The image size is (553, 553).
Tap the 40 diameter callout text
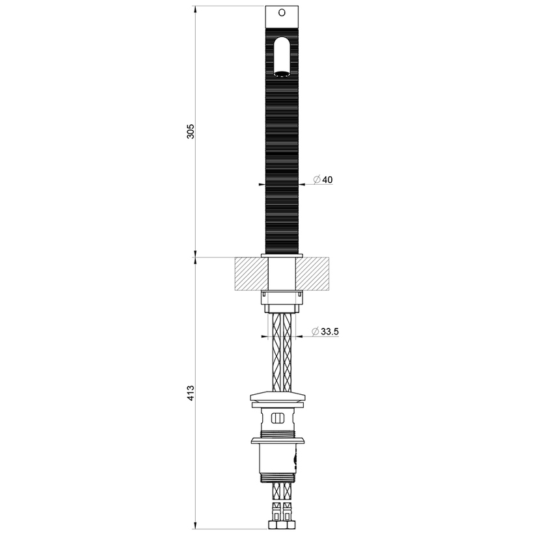(x=327, y=180)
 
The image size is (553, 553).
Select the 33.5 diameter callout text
(x=330, y=332)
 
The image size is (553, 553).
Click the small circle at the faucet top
(x=282, y=12)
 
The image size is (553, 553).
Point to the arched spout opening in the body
(x=282, y=57)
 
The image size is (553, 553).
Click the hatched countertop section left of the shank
(x=250, y=273)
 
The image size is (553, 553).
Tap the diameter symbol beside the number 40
(x=316, y=180)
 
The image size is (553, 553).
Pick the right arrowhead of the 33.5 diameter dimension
(x=299, y=336)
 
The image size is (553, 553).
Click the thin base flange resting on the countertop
(x=282, y=255)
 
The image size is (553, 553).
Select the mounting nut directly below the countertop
(x=282, y=297)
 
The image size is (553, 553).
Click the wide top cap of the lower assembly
(x=278, y=397)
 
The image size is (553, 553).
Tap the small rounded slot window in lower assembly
(x=277, y=418)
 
